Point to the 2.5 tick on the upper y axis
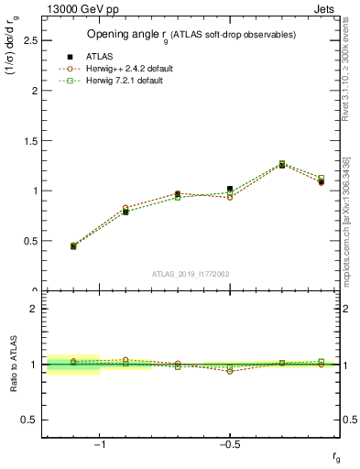coord(28,41)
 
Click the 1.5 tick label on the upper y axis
coord(28,141)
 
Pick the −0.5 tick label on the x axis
coord(229,443)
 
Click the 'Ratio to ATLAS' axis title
coord(14,364)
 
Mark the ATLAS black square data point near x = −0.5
coord(230,189)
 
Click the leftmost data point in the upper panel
coord(73,245)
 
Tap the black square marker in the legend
coord(70,57)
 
